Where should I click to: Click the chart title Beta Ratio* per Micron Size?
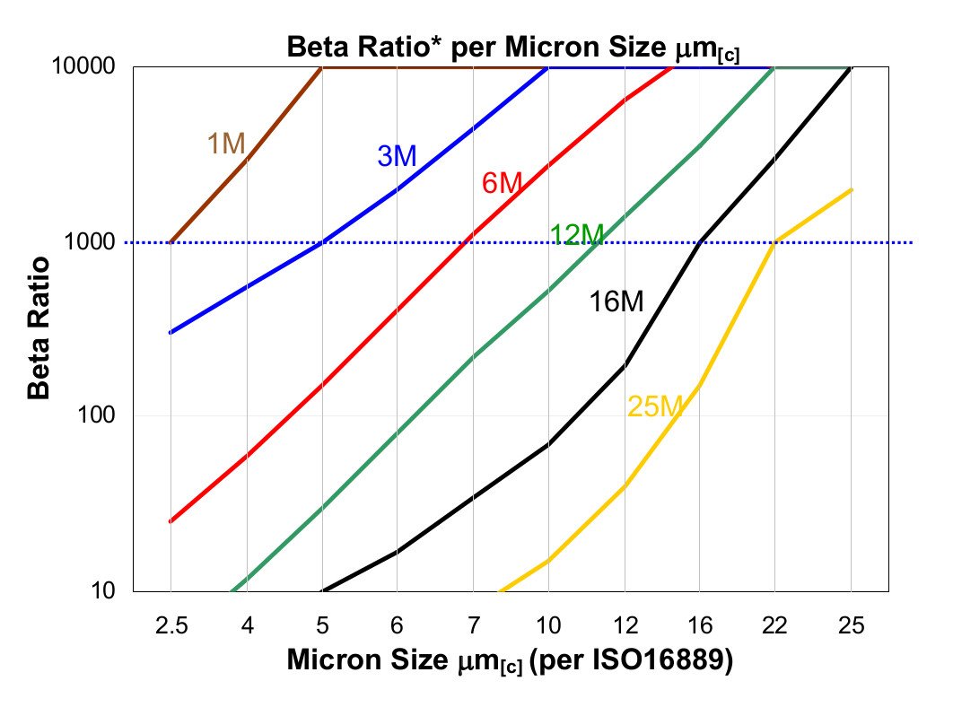click(512, 47)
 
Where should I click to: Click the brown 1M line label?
click(226, 143)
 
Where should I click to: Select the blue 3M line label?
click(397, 156)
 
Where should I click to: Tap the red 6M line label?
click(502, 183)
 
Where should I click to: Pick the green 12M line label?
click(576, 235)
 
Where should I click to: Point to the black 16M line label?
click(616, 301)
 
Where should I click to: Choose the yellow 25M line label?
click(655, 407)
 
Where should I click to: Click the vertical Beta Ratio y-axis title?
click(38, 328)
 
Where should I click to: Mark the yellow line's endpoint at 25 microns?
click(851, 189)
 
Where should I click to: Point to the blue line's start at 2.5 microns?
click(170, 332)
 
